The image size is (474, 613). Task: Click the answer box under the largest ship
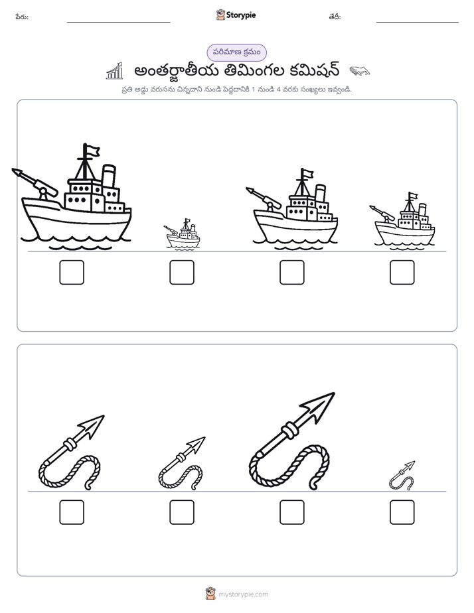[x=72, y=272]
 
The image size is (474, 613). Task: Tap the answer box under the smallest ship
[x=182, y=272]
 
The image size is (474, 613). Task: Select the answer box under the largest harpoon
[x=291, y=512]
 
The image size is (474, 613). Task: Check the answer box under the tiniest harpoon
[x=402, y=512]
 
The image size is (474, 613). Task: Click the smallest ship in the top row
[x=183, y=234]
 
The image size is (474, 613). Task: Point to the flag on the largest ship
[x=93, y=151]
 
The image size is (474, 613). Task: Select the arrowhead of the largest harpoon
[x=318, y=407]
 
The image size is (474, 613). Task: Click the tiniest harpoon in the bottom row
[x=402, y=476]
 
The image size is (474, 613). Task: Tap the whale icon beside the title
[x=359, y=71]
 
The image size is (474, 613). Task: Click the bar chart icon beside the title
[x=115, y=71]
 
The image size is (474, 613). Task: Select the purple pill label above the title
[x=236, y=52]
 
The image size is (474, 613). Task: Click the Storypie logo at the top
[x=236, y=15]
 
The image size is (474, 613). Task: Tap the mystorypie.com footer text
[x=243, y=594]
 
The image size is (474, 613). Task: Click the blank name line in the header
[x=118, y=23]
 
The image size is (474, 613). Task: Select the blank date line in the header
[x=418, y=23]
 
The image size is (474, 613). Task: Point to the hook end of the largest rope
[x=313, y=486]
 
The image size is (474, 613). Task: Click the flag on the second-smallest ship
[x=414, y=196]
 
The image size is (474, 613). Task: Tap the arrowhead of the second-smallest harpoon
[x=197, y=444]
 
